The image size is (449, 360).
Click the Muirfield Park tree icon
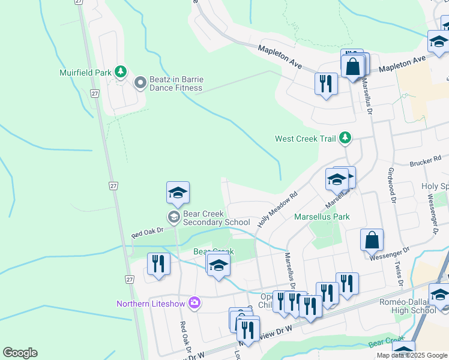[121, 72]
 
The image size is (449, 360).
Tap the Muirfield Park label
[86, 73]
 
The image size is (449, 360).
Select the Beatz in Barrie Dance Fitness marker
[140, 83]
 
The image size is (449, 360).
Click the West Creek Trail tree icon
[345, 138]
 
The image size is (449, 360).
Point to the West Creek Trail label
[305, 139]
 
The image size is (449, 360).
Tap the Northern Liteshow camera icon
[194, 302]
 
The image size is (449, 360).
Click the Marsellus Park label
[322, 216]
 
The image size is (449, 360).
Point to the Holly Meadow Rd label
[278, 209]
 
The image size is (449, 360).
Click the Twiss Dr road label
[397, 271]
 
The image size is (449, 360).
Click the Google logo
[20, 353]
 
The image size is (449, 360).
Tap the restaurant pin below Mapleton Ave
[326, 83]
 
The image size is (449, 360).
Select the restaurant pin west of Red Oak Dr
[158, 264]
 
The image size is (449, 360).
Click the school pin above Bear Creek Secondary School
[178, 193]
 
